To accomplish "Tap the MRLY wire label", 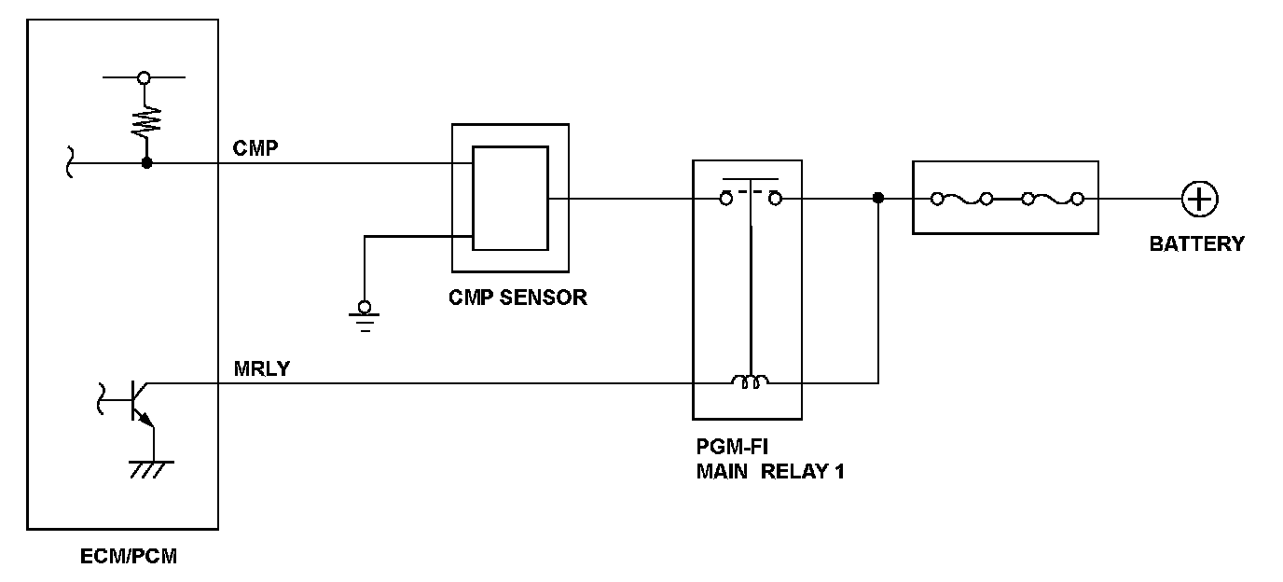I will point(262,368).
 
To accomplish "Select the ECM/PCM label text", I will point(129,558).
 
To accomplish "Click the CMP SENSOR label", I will point(517,298).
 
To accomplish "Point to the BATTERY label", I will point(1196,244).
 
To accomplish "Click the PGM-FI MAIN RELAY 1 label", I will point(770,459).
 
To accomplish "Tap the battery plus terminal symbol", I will point(1199,199).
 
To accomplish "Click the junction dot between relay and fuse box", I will point(877,199).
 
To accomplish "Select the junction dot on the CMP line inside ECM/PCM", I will point(146,163).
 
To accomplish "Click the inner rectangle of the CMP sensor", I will point(509,199).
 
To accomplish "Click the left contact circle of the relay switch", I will point(726,199).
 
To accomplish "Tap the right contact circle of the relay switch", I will point(775,199).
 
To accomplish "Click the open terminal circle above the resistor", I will point(144,77).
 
